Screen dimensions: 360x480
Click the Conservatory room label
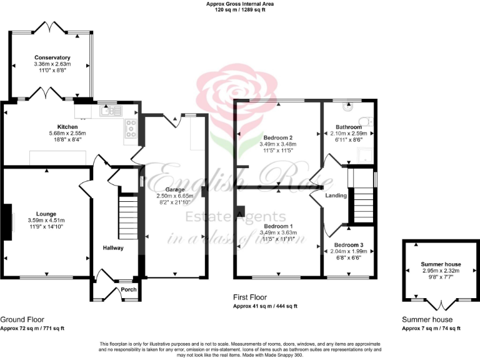point(52,57)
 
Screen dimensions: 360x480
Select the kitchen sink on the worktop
point(110,111)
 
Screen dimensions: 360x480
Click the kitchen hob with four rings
point(132,128)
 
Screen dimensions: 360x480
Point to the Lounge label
point(47,213)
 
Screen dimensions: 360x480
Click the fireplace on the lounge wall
point(8,222)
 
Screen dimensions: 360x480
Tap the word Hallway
point(113,248)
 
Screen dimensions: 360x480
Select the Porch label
point(129,289)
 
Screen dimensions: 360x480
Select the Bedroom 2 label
point(278,137)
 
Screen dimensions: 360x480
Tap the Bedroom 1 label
point(278,226)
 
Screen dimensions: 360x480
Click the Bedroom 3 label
point(348,244)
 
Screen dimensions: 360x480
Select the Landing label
point(336,196)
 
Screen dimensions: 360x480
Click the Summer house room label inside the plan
point(441,264)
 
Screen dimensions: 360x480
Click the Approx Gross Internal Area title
point(240,4)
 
